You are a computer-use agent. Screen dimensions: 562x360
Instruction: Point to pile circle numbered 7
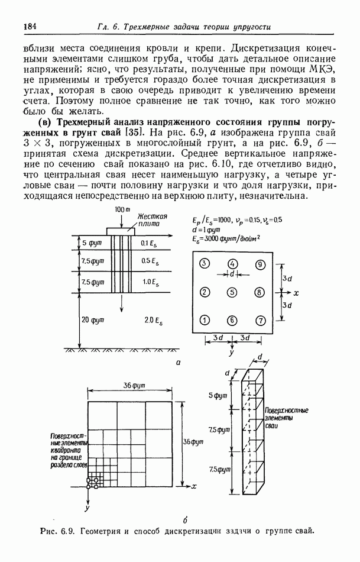[260, 320]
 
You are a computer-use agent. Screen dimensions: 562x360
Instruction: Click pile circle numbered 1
[205, 320]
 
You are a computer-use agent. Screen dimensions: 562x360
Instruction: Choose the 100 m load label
[123, 210]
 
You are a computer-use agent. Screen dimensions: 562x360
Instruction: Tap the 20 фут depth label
[93, 319]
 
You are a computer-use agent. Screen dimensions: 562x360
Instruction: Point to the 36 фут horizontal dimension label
[134, 385]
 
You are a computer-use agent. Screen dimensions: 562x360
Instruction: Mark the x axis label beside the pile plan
[296, 293]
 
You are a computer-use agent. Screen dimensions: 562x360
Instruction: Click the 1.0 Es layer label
[151, 282]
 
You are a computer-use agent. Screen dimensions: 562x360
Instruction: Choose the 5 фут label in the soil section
[92, 243]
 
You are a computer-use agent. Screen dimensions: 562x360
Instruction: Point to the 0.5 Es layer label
[151, 261]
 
